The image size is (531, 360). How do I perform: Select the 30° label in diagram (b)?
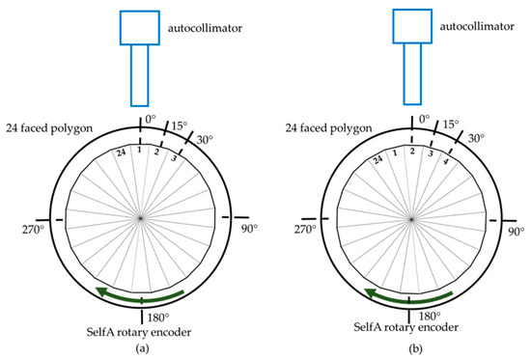(x=475, y=139)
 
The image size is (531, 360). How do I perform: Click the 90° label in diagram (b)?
(x=517, y=232)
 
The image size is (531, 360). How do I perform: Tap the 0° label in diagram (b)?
(x=423, y=120)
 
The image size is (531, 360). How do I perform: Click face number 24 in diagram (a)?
(x=118, y=152)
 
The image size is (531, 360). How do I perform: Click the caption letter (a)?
(x=142, y=349)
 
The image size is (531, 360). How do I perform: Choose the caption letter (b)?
(x=412, y=349)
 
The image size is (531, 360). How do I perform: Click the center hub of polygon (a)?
(x=141, y=219)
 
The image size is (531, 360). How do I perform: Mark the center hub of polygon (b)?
(x=411, y=219)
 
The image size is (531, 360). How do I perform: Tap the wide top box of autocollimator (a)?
(x=140, y=27)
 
